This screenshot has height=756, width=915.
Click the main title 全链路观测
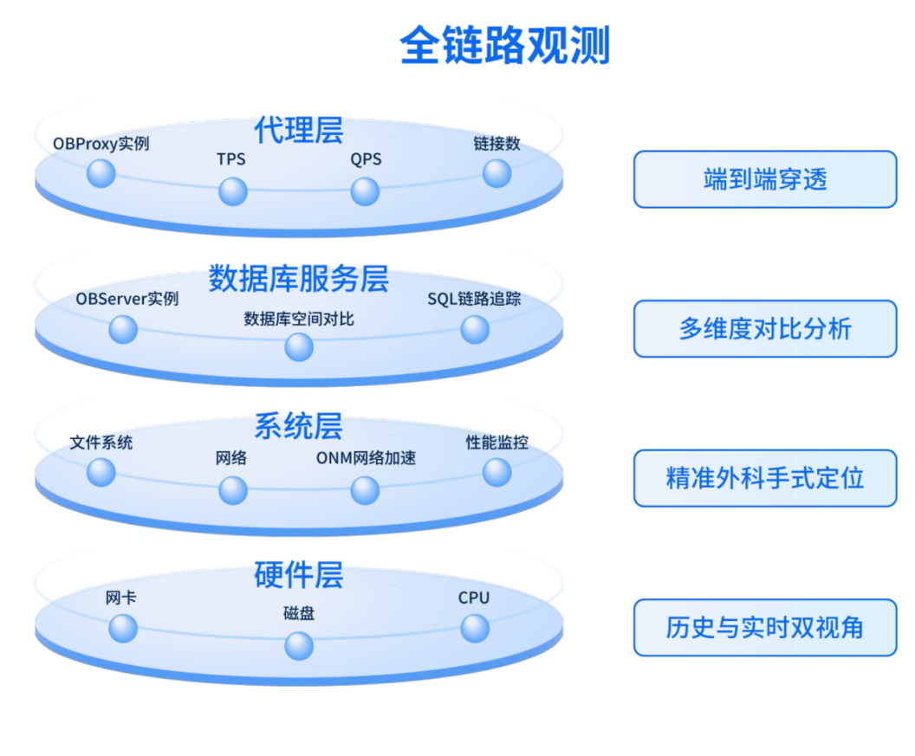point(505,46)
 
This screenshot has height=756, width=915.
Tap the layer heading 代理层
point(299,130)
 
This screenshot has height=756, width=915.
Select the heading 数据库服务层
point(299,279)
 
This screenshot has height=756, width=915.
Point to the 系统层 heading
point(299,427)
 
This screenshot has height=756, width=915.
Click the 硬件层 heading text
point(299,575)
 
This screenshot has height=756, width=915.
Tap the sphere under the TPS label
point(233,191)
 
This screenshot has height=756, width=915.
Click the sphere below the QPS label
point(365,191)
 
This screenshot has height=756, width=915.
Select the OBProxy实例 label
point(101,144)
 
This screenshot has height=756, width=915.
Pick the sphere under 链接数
point(496,173)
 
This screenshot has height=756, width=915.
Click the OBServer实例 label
point(127,299)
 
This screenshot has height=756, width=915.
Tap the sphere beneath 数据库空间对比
point(299,347)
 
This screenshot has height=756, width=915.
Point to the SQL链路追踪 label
point(474,299)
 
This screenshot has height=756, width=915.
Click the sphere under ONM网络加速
point(365,490)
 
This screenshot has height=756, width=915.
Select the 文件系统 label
point(101,443)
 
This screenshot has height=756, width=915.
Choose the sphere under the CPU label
point(475,628)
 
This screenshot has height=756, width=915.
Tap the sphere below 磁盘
point(299,645)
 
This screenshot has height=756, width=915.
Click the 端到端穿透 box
point(765,180)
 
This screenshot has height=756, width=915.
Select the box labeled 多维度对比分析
point(765,329)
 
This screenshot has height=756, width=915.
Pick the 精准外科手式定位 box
point(765,478)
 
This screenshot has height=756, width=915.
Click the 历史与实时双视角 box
point(765,627)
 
